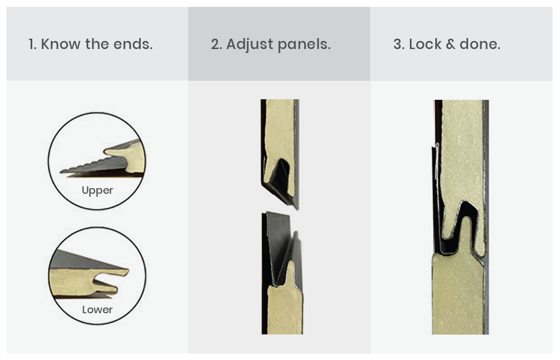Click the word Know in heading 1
click(61, 44)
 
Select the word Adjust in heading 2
click(249, 44)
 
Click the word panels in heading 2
click(304, 45)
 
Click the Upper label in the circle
click(97, 190)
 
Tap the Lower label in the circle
click(97, 309)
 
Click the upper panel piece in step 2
click(280, 153)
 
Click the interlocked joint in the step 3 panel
click(461, 228)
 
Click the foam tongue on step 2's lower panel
click(291, 274)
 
